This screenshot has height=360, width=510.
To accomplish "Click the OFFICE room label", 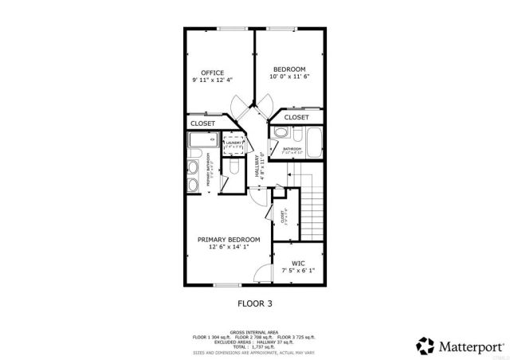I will [x=212, y=72].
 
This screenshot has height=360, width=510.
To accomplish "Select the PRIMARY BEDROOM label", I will [x=229, y=240].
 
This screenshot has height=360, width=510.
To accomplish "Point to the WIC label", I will [x=298, y=263].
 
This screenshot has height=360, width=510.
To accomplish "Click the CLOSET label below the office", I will [x=202, y=123].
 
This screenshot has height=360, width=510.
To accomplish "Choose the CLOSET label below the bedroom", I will [x=296, y=117].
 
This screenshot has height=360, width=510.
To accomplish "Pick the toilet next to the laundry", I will [x=232, y=170].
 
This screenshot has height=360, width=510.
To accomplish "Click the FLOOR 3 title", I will [x=255, y=303].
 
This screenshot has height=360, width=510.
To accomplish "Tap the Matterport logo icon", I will [x=424, y=345].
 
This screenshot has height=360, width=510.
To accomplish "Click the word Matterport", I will [x=467, y=345].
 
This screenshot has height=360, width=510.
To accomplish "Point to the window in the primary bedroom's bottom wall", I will [x=227, y=284].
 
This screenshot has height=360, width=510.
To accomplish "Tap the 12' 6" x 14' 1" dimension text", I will [x=229, y=248].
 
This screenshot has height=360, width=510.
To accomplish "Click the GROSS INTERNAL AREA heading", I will [x=254, y=331].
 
